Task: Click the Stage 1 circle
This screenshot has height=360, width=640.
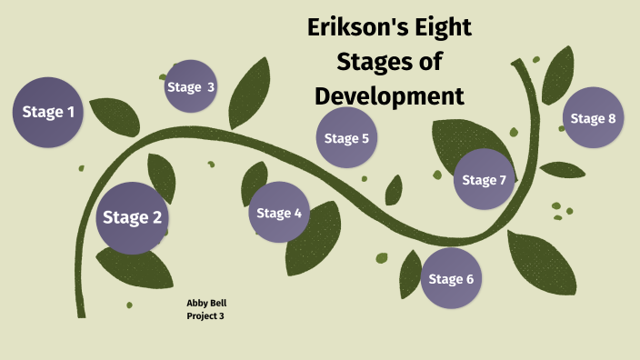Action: (x=47, y=114)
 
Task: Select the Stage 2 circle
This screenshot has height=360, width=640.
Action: (x=133, y=217)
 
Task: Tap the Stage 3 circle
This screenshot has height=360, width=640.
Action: (x=191, y=86)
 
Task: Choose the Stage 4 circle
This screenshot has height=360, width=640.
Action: (x=279, y=213)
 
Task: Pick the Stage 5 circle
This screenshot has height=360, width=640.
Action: (x=346, y=138)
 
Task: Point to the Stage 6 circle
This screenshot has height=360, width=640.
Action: (x=451, y=278)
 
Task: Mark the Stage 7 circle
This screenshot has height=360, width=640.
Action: (x=484, y=179)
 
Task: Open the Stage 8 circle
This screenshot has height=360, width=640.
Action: (x=594, y=118)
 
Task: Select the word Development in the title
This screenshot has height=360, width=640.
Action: (x=389, y=95)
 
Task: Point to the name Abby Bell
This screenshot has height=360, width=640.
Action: (x=205, y=303)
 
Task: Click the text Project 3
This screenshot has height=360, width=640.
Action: (x=205, y=315)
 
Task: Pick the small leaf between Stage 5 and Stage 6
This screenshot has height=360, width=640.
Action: (x=394, y=190)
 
